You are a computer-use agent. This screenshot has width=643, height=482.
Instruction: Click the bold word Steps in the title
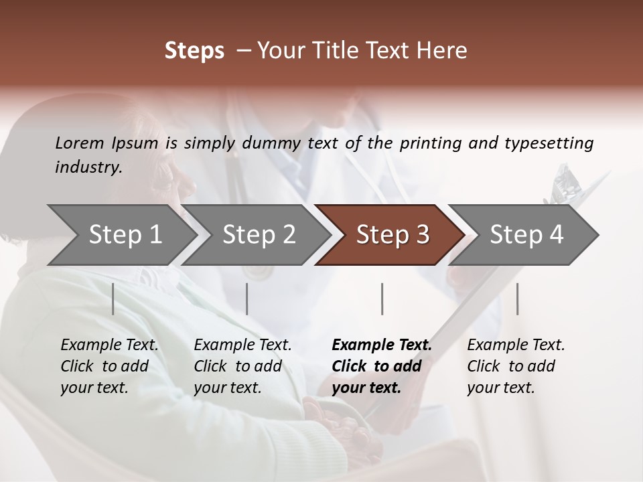pyautogui.click(x=194, y=51)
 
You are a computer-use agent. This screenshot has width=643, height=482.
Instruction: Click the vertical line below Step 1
pyautogui.click(x=113, y=299)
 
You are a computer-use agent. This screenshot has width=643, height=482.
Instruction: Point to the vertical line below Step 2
pyautogui.click(x=247, y=299)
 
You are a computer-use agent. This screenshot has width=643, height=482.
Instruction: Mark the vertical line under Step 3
pyautogui.click(x=382, y=299)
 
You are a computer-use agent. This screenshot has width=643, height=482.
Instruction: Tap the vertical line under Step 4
pyautogui.click(x=517, y=299)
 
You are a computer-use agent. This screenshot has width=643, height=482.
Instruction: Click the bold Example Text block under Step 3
pyautogui.click(x=382, y=366)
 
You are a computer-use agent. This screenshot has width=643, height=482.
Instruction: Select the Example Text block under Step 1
pyautogui.click(x=109, y=366)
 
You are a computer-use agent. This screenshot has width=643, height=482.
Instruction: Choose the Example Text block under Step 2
pyautogui.click(x=242, y=366)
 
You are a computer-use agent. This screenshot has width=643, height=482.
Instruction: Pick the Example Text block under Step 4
pyautogui.click(x=516, y=366)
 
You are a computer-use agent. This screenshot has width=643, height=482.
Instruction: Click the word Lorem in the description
pyautogui.click(x=80, y=143)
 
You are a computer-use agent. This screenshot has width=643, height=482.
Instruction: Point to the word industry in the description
pyautogui.click(x=88, y=167)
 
